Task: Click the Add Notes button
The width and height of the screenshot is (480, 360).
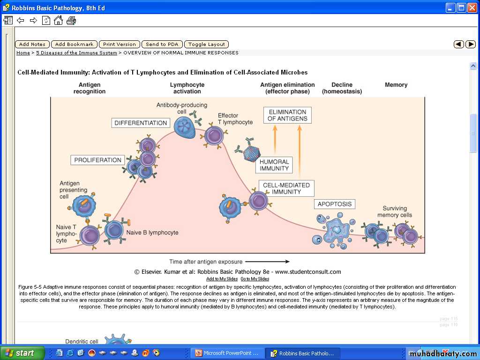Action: click(x=32, y=45)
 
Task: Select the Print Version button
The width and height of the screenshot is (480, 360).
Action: click(x=120, y=45)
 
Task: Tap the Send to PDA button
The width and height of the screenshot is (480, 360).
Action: click(x=162, y=45)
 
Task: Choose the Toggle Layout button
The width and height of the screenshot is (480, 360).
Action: click(x=207, y=45)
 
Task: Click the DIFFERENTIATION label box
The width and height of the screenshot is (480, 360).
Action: click(x=141, y=123)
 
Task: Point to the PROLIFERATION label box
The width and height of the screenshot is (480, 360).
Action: click(x=97, y=160)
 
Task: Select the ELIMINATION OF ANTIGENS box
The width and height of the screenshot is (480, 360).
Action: click(x=287, y=115)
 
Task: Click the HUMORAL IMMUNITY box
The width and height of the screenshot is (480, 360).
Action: click(x=274, y=165)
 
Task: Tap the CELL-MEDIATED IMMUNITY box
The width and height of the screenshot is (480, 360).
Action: click(x=286, y=188)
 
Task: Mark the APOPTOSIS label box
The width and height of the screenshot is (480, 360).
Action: click(x=335, y=204)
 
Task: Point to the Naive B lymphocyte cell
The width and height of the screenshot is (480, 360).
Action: click(x=114, y=230)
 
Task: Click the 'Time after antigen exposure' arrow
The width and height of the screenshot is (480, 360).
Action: click(x=267, y=262)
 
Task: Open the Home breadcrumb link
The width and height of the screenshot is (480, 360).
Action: click(x=23, y=52)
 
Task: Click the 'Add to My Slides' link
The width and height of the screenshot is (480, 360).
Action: click(x=222, y=279)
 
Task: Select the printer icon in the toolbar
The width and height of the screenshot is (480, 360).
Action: click(x=71, y=21)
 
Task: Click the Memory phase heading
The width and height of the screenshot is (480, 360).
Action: click(x=396, y=85)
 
